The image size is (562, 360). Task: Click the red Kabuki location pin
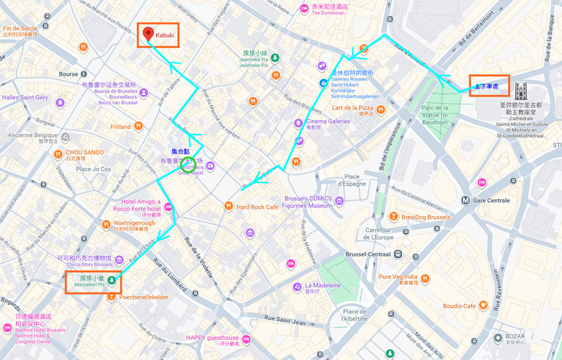coord(148,33)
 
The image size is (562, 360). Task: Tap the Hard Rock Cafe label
coord(257,207)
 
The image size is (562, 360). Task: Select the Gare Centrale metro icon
coord(466,200)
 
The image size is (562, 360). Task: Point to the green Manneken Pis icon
coord(112,278)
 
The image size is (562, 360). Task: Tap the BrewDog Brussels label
coord(426,216)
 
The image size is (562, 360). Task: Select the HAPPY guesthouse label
coord(212,338)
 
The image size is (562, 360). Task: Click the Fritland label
coord(120,127)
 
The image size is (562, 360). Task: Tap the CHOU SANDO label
coord(85,153)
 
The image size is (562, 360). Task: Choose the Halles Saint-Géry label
coord(24,97)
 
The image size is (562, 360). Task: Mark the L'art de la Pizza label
coord(352,108)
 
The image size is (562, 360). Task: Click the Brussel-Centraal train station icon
coord(398,254)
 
